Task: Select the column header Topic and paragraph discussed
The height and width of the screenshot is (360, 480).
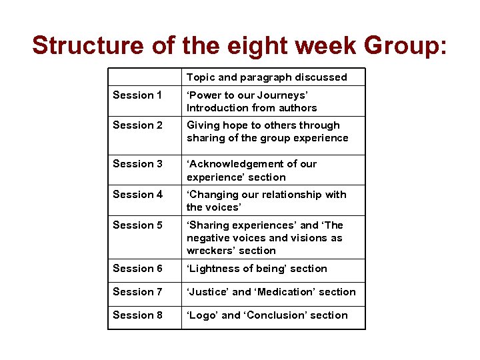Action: point(267,77)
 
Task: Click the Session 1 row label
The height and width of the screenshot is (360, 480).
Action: point(137,95)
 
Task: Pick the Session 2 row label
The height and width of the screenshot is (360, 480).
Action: point(137,125)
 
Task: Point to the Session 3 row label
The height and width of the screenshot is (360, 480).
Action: point(137,164)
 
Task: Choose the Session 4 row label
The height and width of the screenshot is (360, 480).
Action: point(137,195)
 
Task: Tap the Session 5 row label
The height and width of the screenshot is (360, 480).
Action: point(137,225)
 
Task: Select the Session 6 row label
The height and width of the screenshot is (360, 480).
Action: point(137,269)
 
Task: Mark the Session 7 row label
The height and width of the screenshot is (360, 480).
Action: point(137,292)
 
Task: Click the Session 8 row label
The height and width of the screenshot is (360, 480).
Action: point(137,315)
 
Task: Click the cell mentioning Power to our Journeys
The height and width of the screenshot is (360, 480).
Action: point(251,101)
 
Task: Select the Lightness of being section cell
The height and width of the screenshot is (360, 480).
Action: point(257,269)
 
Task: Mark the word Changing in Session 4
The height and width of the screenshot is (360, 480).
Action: point(213,195)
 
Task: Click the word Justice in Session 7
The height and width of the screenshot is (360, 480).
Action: point(207,292)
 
